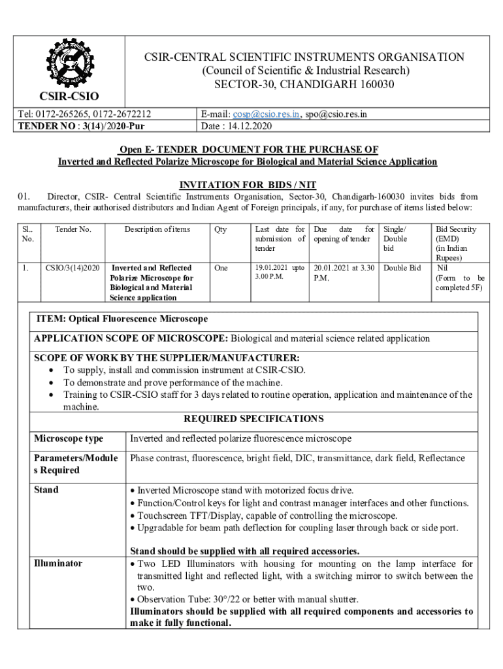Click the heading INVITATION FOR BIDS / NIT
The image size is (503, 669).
pyautogui.click(x=247, y=185)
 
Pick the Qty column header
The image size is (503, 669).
pyautogui.click(x=220, y=229)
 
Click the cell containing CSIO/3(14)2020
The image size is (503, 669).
pyautogui.click(x=73, y=268)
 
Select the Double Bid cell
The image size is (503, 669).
pyautogui.click(x=402, y=268)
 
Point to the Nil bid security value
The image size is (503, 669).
pyautogui.click(x=442, y=268)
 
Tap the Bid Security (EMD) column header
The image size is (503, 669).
pyautogui.click(x=455, y=243)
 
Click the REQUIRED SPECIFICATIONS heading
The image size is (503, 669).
pyautogui.click(x=253, y=419)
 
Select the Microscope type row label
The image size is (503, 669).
pyautogui.click(x=69, y=438)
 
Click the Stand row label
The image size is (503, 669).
pyautogui.click(x=46, y=490)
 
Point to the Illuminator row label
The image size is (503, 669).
pyautogui.click(x=58, y=563)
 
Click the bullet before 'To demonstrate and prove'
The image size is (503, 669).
pyautogui.click(x=52, y=383)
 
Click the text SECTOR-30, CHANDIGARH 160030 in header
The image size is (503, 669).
pyautogui.click(x=304, y=84)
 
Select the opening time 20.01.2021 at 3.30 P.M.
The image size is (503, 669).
pyautogui.click(x=344, y=272)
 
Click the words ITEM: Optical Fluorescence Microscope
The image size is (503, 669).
pyautogui.click(x=122, y=319)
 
